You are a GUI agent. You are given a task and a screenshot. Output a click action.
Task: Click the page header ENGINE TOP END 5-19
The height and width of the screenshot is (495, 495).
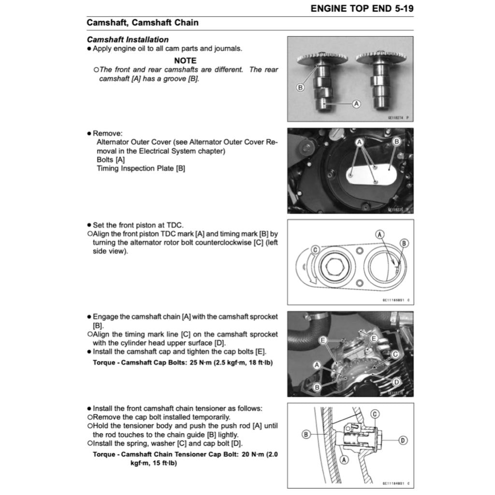(362, 8)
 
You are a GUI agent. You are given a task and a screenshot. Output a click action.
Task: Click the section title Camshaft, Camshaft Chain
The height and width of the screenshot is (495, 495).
(142, 23)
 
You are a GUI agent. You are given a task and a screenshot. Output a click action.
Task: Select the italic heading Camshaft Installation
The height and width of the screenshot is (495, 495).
(128, 40)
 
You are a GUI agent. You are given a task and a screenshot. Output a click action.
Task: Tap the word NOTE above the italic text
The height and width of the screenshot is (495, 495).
(185, 60)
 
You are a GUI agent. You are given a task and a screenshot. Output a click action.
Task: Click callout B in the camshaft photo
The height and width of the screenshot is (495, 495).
(300, 87)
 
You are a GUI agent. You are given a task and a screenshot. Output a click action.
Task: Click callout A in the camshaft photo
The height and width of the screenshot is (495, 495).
(356, 103)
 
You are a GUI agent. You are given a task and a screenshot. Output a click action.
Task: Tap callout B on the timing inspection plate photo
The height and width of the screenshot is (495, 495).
(396, 142)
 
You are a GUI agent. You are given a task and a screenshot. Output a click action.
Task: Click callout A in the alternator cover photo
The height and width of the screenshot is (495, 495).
(359, 142)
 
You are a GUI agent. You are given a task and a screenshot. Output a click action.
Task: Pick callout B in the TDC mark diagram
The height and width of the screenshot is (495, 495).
(405, 243)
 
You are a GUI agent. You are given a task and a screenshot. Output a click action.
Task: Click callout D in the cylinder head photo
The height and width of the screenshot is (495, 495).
(396, 382)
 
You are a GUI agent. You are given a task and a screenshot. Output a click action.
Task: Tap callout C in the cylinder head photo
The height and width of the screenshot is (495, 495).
(395, 354)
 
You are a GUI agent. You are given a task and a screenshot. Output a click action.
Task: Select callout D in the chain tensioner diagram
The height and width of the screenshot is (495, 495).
(403, 440)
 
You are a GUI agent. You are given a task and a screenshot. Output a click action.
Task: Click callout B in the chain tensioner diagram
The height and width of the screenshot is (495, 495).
(306, 435)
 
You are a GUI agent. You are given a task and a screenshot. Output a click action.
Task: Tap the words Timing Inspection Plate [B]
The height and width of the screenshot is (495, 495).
(141, 168)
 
